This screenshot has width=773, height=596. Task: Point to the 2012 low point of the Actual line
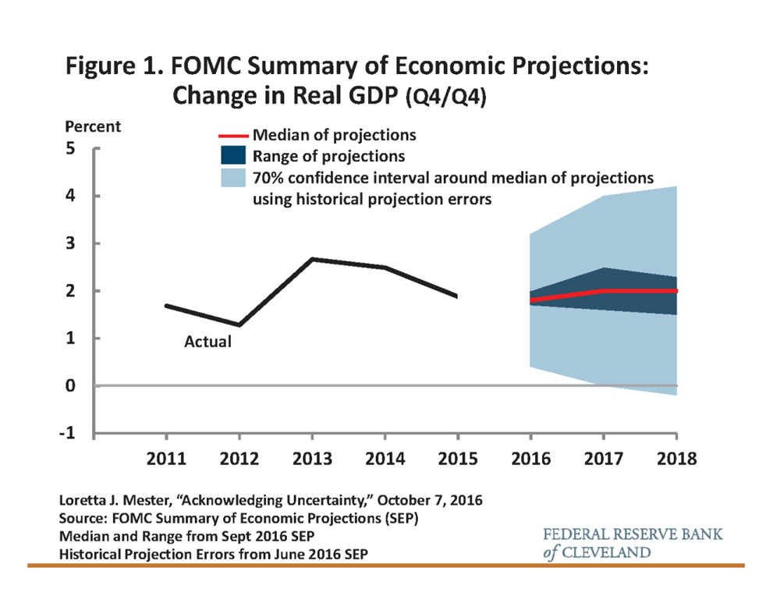(239, 325)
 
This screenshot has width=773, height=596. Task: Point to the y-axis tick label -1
(69, 434)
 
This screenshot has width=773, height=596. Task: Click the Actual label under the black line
(207, 342)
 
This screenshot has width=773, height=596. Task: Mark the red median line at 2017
(603, 291)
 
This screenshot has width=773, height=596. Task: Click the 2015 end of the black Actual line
(457, 296)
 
